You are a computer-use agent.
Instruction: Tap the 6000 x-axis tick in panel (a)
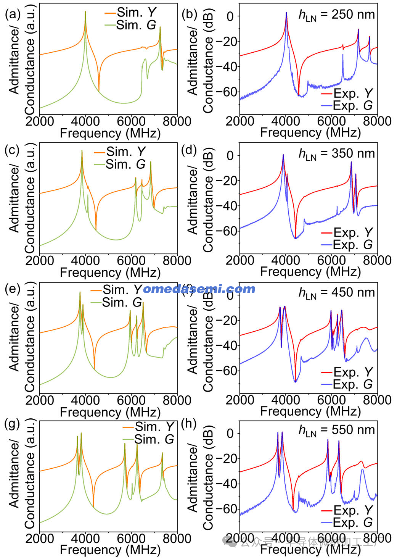pyautogui.click(x=131, y=121)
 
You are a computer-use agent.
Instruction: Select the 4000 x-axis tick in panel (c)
pyautogui.click(x=85, y=261)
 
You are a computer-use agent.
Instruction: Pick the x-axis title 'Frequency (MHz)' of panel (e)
pyautogui.click(x=110, y=412)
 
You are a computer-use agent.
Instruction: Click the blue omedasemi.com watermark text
pyautogui.click(x=199, y=289)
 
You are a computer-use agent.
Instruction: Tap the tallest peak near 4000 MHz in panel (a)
pyautogui.click(x=85, y=12)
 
